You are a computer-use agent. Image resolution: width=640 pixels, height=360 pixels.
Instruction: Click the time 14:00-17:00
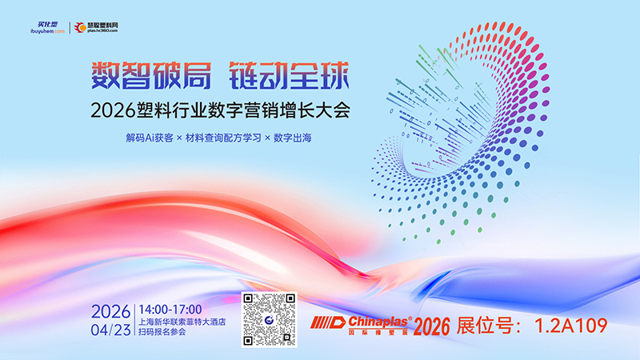pos(170,310)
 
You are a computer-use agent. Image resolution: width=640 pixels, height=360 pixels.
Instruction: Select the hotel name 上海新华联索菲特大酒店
pos(183,321)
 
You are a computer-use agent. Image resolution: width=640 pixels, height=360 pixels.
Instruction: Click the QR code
pos(269,321)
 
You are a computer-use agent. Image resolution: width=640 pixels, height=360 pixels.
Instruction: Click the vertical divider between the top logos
pos(65,26)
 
